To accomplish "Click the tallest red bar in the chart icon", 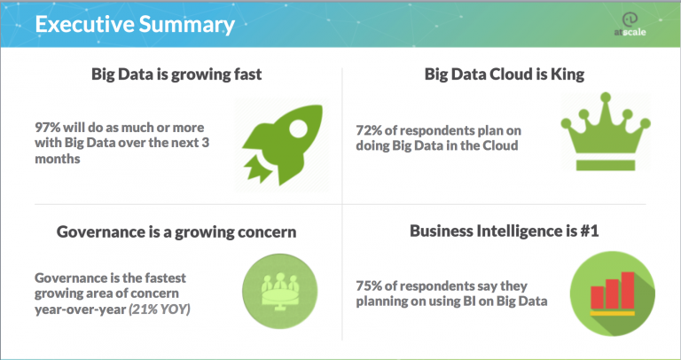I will pos(629,292).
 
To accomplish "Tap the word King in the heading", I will pos(567,74).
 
